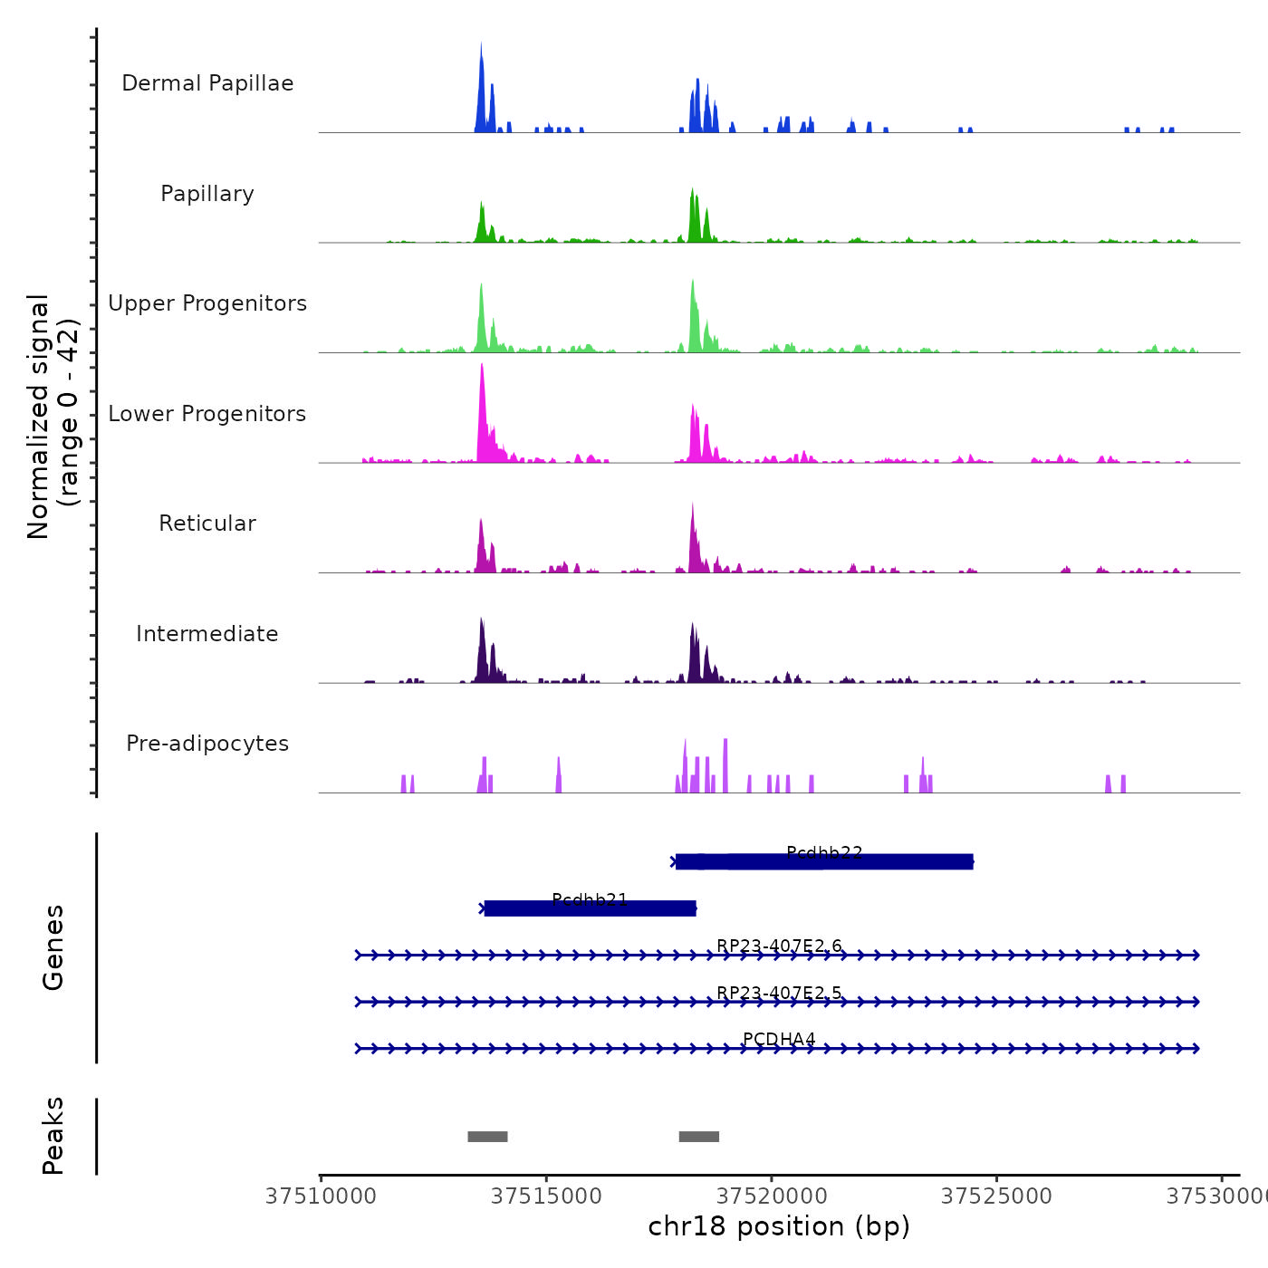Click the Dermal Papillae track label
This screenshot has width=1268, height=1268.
point(207,83)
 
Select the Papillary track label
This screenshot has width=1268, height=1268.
point(207,194)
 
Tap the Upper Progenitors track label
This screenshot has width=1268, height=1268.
point(207,303)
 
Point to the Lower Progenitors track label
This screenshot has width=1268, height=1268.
point(207,414)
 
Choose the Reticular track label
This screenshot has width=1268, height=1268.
point(207,524)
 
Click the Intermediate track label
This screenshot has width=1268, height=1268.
point(207,634)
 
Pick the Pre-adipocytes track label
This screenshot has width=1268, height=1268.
point(207,744)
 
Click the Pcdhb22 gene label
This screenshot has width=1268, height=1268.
point(824,853)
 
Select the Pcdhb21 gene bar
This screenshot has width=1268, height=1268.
point(590,908)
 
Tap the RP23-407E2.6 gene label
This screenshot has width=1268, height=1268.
point(779,946)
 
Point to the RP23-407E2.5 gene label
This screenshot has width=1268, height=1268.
point(779,994)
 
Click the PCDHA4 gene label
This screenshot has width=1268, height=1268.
point(779,1040)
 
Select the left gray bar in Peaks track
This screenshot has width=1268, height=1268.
point(487,1137)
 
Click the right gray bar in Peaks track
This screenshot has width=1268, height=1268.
point(699,1137)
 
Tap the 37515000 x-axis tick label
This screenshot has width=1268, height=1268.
point(546,1196)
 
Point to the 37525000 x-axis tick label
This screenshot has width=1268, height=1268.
point(996,1196)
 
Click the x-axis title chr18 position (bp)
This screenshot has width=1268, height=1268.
point(779,1226)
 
